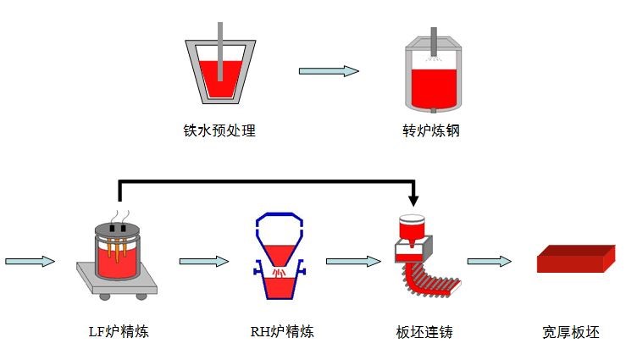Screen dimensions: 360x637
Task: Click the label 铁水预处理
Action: point(219,131)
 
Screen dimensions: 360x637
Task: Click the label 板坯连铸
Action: point(424,332)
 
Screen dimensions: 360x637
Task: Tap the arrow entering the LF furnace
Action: point(30,261)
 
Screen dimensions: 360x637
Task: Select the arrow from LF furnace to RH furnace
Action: point(204,261)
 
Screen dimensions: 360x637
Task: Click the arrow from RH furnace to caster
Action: point(352,261)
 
